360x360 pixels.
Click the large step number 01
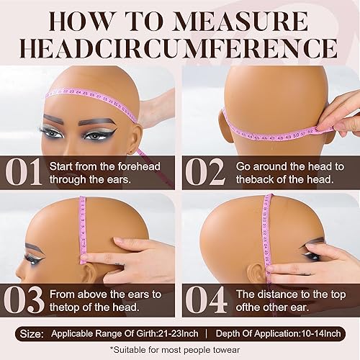pos(24,173)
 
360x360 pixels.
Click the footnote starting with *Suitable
pos(180,349)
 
